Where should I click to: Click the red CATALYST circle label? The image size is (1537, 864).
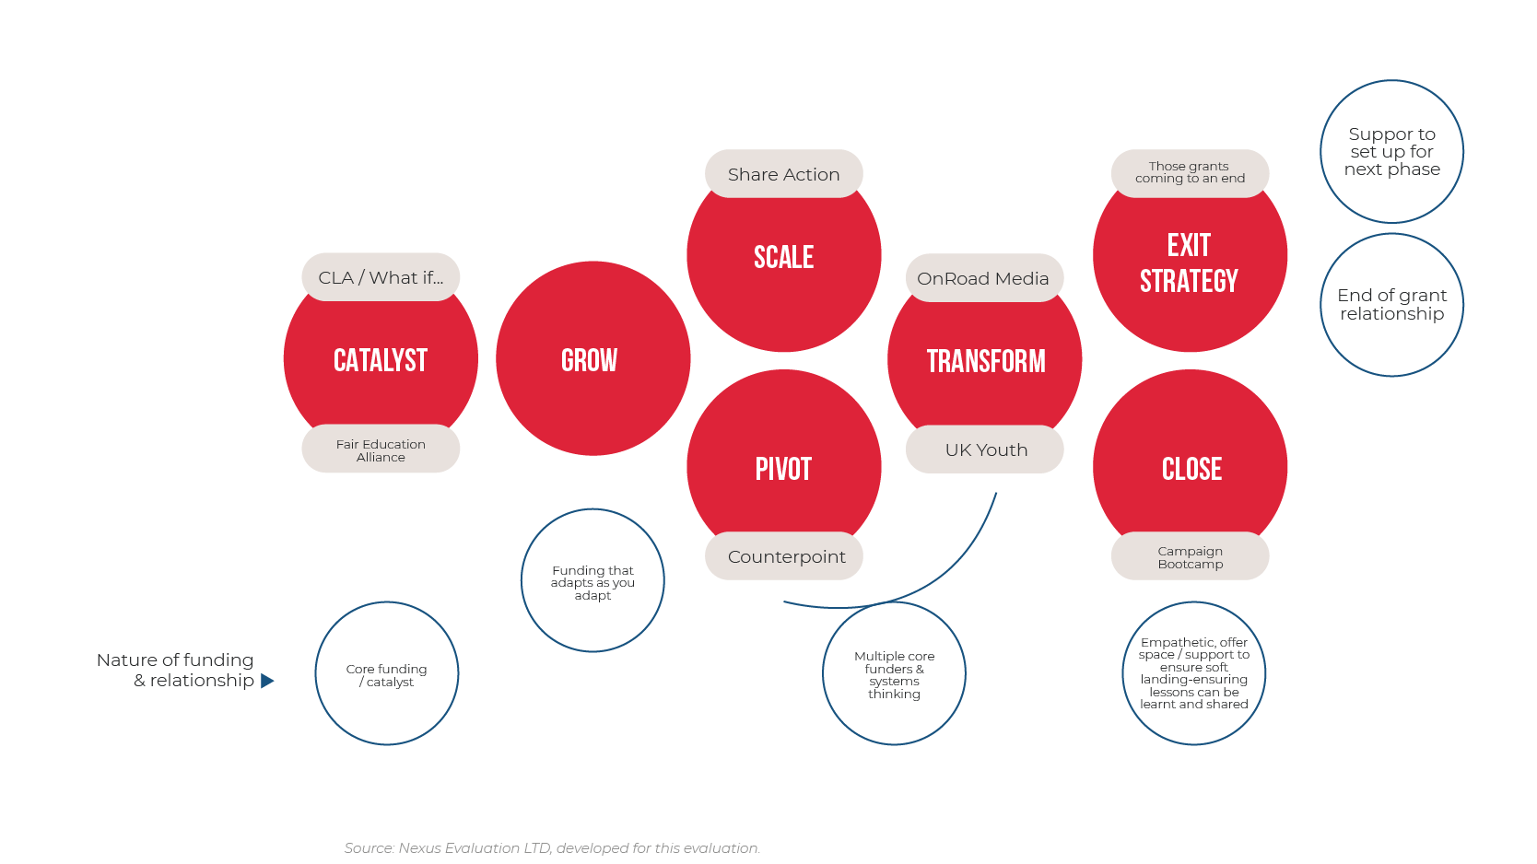coord(381,360)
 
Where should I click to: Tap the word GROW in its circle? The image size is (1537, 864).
coord(590,360)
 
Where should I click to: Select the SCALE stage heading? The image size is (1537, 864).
coord(784,257)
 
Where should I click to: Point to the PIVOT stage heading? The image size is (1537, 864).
coord(784,469)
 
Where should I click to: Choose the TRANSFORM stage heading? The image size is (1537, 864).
coord(986,361)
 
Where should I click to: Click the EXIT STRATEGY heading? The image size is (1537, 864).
coord(1190,263)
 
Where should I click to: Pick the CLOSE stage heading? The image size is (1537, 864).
coord(1191,469)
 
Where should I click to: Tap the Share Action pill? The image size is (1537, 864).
coord(784,174)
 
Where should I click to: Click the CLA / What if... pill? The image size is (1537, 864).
coord(381,277)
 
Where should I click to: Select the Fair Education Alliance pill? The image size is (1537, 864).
coord(381,450)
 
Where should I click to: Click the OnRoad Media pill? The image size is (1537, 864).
coord(983,278)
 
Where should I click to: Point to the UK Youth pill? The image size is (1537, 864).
coord(985,450)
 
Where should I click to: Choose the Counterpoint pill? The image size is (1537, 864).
coord(785,556)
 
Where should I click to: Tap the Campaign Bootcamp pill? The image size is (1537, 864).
coord(1191,556)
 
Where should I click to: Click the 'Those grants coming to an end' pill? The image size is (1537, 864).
coord(1191,173)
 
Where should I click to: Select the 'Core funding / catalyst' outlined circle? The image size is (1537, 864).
coord(387,673)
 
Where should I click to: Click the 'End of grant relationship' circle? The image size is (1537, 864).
coord(1392,305)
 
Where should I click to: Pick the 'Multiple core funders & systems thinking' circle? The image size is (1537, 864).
coord(894,674)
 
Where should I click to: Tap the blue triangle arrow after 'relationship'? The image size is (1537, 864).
coord(267,681)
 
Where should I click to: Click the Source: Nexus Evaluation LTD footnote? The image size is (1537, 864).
coord(552,847)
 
